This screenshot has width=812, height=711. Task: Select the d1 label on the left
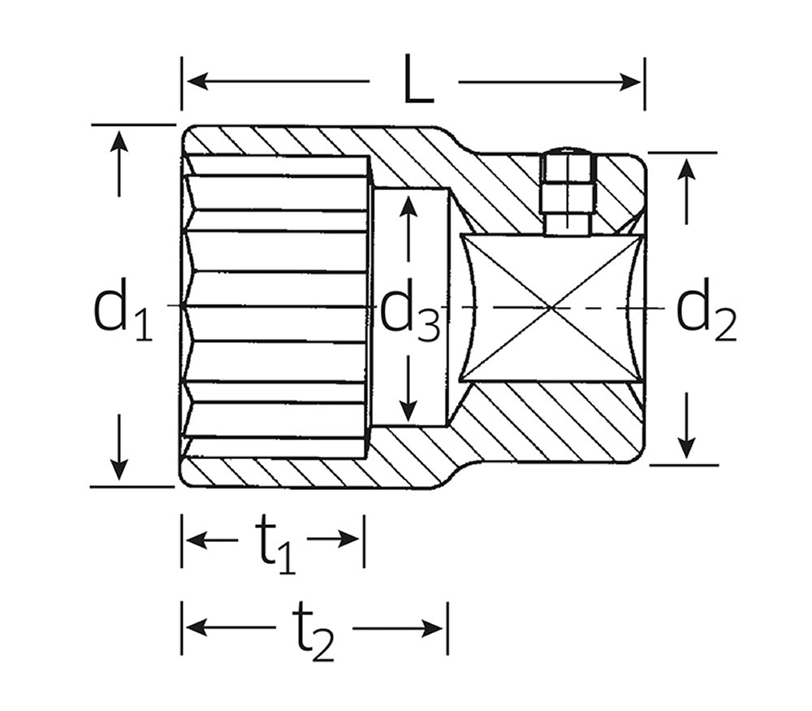tap(123, 310)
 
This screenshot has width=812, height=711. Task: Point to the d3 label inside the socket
tap(410, 311)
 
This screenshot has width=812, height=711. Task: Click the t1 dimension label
tap(274, 546)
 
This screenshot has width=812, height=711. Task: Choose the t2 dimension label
tap(313, 635)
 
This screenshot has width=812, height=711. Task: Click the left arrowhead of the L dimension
tap(197, 81)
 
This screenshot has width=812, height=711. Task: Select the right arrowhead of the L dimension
tap(630, 82)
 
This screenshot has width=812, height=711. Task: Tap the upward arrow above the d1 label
tap(119, 163)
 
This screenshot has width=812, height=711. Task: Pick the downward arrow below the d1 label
tap(119, 447)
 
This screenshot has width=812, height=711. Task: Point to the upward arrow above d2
tap(686, 191)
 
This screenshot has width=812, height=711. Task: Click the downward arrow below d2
tap(686, 426)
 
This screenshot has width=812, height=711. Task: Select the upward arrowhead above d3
tap(409, 206)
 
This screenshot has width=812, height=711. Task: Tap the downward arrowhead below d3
tap(409, 410)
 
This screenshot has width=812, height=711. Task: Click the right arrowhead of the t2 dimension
tap(433, 629)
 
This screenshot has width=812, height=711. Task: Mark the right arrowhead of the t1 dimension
tap(348, 540)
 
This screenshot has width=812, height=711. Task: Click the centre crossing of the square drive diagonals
tap(552, 308)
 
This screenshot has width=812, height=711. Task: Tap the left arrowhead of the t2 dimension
tap(197, 628)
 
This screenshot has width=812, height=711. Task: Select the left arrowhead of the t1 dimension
tap(197, 540)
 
